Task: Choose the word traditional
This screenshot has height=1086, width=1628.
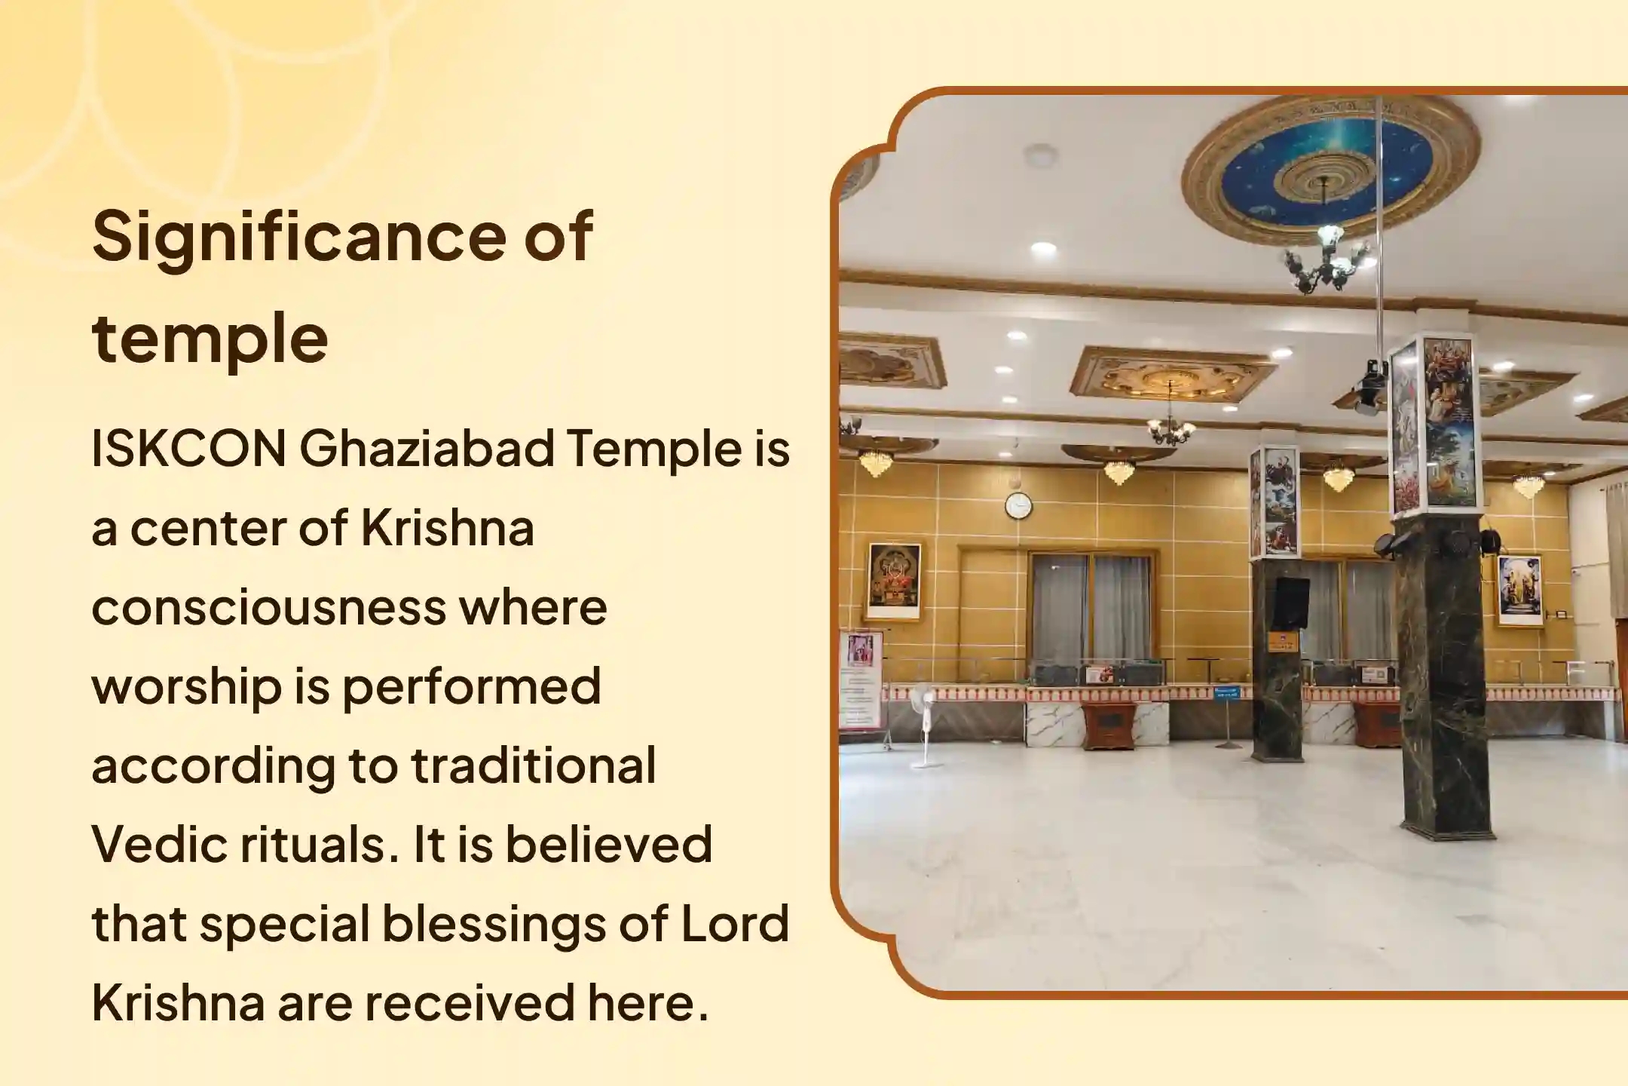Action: [x=534, y=765]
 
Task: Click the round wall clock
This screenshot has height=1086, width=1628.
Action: [x=1018, y=505]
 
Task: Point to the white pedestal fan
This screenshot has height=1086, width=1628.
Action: [x=923, y=724]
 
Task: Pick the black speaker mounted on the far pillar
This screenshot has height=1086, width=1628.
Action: [x=1291, y=603]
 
